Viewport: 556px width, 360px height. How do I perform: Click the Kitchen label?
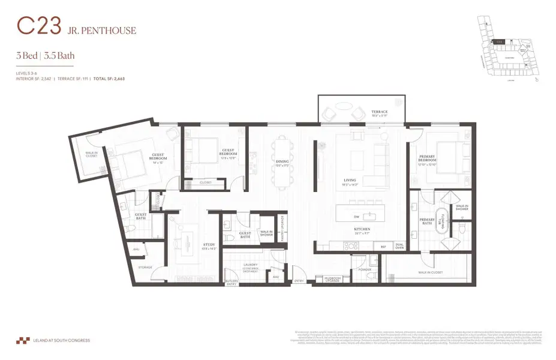click(361, 229)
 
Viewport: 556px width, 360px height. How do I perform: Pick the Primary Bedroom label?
click(431, 158)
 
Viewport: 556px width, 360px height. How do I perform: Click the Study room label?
click(193, 245)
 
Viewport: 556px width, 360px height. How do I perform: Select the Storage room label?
click(145, 267)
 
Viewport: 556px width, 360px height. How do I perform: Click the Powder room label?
click(366, 270)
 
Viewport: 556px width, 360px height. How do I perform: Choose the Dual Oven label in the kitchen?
click(399, 245)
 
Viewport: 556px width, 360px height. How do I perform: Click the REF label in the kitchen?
click(383, 246)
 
